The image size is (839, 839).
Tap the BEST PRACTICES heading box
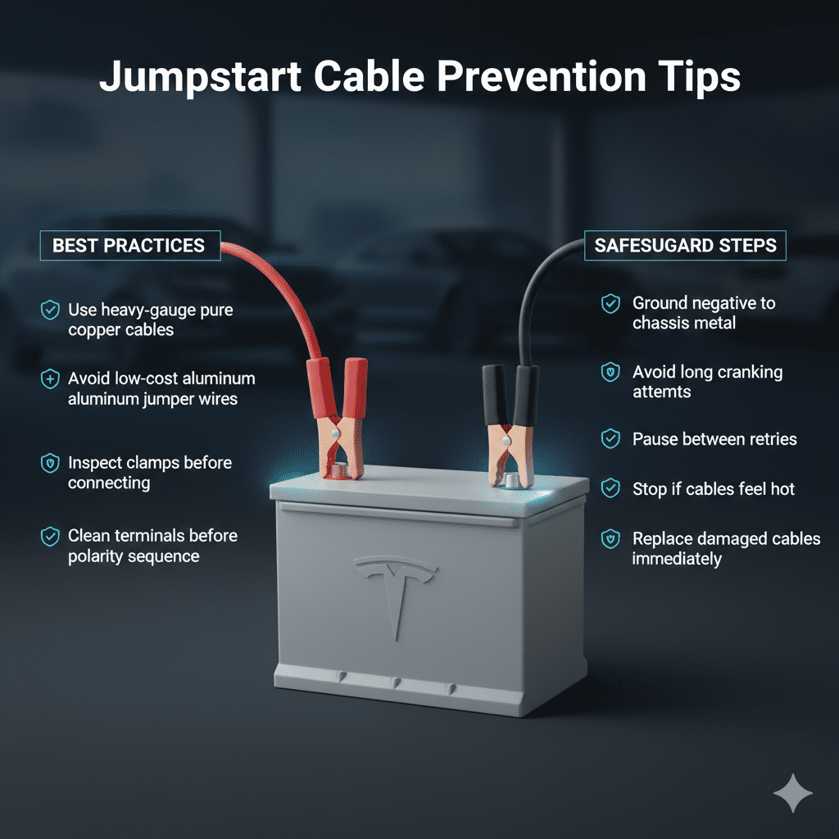[x=129, y=245]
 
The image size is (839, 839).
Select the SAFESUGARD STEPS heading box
[x=685, y=245]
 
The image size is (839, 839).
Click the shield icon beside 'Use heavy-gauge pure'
[x=50, y=310]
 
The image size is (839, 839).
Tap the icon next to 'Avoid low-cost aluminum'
[x=50, y=379]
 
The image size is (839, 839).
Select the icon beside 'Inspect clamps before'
[x=50, y=463]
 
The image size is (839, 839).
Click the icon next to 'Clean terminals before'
[x=50, y=537]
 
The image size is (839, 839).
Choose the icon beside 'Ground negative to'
[x=610, y=304]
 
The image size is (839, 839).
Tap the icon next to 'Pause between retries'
[x=610, y=439]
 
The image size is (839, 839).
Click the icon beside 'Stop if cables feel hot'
[x=610, y=489]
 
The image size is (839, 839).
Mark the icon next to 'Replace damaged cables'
[x=610, y=540]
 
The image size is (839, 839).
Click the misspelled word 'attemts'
[x=661, y=392]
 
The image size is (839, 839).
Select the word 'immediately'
[x=677, y=560]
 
